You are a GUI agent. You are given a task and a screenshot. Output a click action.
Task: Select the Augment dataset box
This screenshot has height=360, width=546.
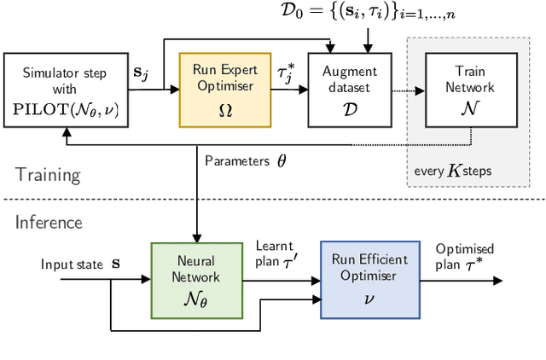coord(339,88)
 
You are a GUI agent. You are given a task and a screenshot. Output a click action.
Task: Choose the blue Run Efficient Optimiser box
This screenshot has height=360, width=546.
coord(370,280)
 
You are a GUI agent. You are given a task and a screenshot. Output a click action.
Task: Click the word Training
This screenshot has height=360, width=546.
coord(48,176)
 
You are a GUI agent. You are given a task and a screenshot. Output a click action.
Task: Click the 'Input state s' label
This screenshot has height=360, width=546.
coord(81,264)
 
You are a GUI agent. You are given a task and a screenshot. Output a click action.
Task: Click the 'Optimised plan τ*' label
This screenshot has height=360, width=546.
coord(465,256)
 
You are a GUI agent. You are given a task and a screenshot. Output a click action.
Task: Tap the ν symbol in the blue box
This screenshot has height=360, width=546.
coord(370,299)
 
